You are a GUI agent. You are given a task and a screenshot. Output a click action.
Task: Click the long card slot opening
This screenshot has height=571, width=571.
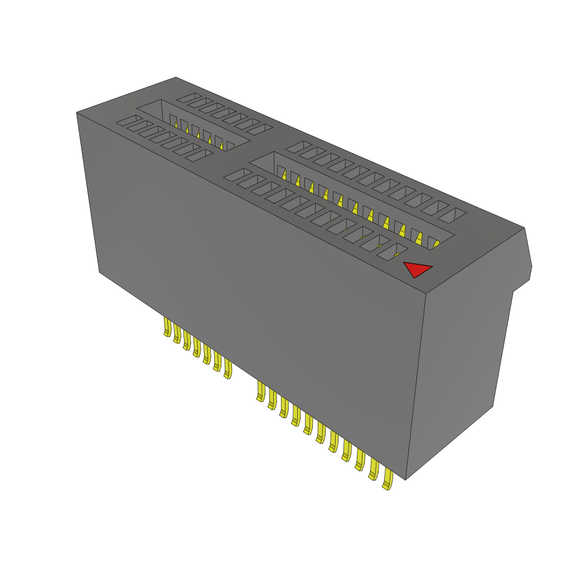pyautogui.click(x=351, y=195)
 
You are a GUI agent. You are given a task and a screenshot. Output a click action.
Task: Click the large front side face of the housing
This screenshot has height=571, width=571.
pyautogui.click(x=251, y=290)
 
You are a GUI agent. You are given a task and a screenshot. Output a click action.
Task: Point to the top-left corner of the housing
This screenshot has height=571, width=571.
pyautogui.click(x=78, y=113)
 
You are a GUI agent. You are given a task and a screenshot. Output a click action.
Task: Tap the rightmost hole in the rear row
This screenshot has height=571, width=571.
pyautogui.click(x=458, y=215)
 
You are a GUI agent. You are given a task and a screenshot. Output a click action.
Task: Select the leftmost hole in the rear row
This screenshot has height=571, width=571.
pyautogui.click(x=184, y=99)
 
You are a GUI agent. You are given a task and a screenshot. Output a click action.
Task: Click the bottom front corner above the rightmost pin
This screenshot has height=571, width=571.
pyautogui.click(x=405, y=478)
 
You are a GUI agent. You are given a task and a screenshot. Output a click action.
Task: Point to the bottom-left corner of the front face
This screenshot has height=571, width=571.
pyautogui.click(x=100, y=272)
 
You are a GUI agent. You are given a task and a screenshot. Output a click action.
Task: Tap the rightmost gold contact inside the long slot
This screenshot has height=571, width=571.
pyautogui.click(x=435, y=244)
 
